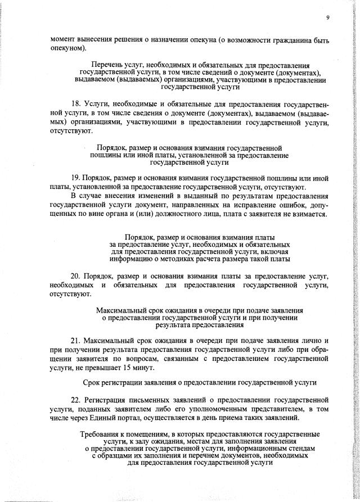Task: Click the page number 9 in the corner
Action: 326,17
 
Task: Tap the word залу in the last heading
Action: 127,442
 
